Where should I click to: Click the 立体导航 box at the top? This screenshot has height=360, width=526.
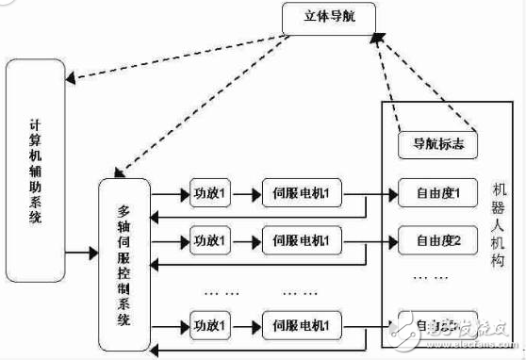click(328, 15)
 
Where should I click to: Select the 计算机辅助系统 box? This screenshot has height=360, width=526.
click(35, 156)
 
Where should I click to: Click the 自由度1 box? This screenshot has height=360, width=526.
click(436, 194)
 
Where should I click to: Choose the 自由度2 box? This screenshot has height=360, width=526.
click(436, 237)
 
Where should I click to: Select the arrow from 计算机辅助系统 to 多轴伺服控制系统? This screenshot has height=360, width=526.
click(82, 254)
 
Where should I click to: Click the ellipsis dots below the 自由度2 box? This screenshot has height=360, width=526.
click(436, 279)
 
